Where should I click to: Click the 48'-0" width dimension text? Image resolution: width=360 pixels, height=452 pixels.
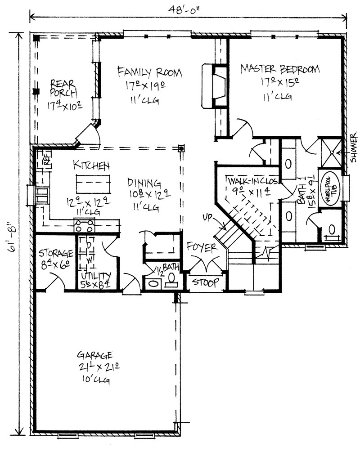[x=184, y=10]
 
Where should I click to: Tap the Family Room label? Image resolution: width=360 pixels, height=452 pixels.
[x=149, y=72]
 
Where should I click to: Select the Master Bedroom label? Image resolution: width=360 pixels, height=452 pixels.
[x=280, y=69]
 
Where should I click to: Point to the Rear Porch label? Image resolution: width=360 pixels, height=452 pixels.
[x=63, y=89]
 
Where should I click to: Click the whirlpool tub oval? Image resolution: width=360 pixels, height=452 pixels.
[x=329, y=188]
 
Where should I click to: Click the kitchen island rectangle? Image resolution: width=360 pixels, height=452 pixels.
[x=93, y=183]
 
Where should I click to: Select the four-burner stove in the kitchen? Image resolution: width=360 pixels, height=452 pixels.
[x=84, y=225]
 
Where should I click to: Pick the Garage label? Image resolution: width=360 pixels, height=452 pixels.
[x=94, y=354]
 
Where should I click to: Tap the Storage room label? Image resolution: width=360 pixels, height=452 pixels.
[x=56, y=253]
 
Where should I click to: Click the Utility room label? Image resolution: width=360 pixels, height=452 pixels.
[x=96, y=276]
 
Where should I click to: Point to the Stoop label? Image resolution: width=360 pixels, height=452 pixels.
[x=206, y=282]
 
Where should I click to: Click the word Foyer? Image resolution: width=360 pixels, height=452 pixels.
[x=202, y=247]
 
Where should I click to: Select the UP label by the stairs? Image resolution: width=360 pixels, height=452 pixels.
[x=207, y=217]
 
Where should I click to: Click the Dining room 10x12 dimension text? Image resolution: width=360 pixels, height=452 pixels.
[x=150, y=194]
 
